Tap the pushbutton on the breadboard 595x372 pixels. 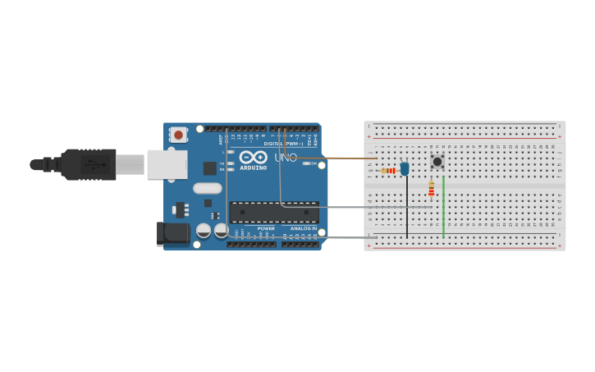click(x=437, y=162)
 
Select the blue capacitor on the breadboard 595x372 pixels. click(x=405, y=168)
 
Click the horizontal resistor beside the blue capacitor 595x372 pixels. click(x=388, y=171)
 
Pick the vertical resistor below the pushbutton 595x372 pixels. click(x=432, y=191)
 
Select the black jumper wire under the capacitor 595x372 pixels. click(x=406, y=209)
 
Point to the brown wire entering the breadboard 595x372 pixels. click(x=345, y=158)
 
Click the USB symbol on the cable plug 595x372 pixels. click(x=97, y=164)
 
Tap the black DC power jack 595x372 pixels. click(x=174, y=233)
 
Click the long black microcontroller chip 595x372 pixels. click(x=274, y=212)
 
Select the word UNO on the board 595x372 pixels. click(x=286, y=157)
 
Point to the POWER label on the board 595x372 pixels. click(x=266, y=228)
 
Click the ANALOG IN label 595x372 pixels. click(x=303, y=228)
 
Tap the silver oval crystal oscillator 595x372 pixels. click(x=208, y=188)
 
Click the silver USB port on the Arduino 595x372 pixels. click(x=162, y=163)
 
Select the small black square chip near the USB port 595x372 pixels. click(x=210, y=168)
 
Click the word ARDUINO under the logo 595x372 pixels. click(x=253, y=168)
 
